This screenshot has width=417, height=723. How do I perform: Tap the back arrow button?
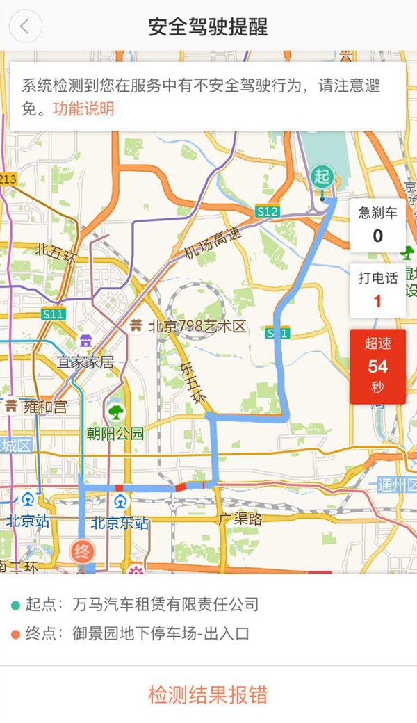[x=26, y=26]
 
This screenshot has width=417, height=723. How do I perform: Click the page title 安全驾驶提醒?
[x=208, y=27]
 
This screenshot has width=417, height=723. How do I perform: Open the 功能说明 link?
[x=83, y=109]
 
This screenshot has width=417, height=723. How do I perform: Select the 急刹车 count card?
[x=377, y=225]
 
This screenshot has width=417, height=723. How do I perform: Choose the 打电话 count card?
[x=377, y=290]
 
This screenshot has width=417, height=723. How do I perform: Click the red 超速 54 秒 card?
[x=377, y=366]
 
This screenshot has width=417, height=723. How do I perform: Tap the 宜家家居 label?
[x=85, y=362]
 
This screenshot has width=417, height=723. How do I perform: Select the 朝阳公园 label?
[x=115, y=434]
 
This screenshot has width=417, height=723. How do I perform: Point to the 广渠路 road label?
[x=239, y=519]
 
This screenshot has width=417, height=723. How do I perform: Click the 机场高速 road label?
[x=213, y=245]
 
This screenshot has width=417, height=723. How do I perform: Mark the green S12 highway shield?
[x=267, y=211]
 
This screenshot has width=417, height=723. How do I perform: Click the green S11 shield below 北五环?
[x=53, y=314]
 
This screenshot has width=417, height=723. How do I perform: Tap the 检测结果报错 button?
[x=208, y=694]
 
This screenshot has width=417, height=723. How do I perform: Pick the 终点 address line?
[x=160, y=633]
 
